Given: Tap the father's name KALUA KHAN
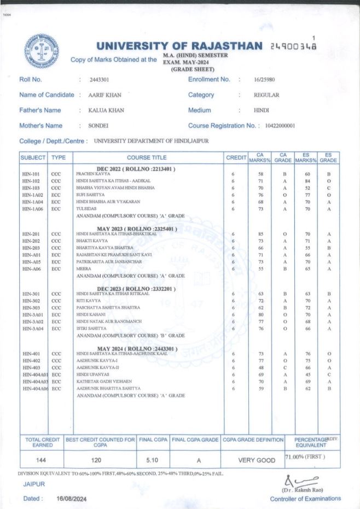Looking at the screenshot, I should tap(106, 110).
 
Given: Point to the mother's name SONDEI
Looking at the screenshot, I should tap(99, 126).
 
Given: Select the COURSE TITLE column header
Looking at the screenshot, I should tap(147, 157).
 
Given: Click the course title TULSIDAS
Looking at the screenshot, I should tap(86, 209).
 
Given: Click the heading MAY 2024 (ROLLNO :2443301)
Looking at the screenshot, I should tap(137, 348).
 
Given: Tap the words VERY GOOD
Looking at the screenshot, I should tap(257, 460).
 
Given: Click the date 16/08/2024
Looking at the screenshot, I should tap(71, 499).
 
